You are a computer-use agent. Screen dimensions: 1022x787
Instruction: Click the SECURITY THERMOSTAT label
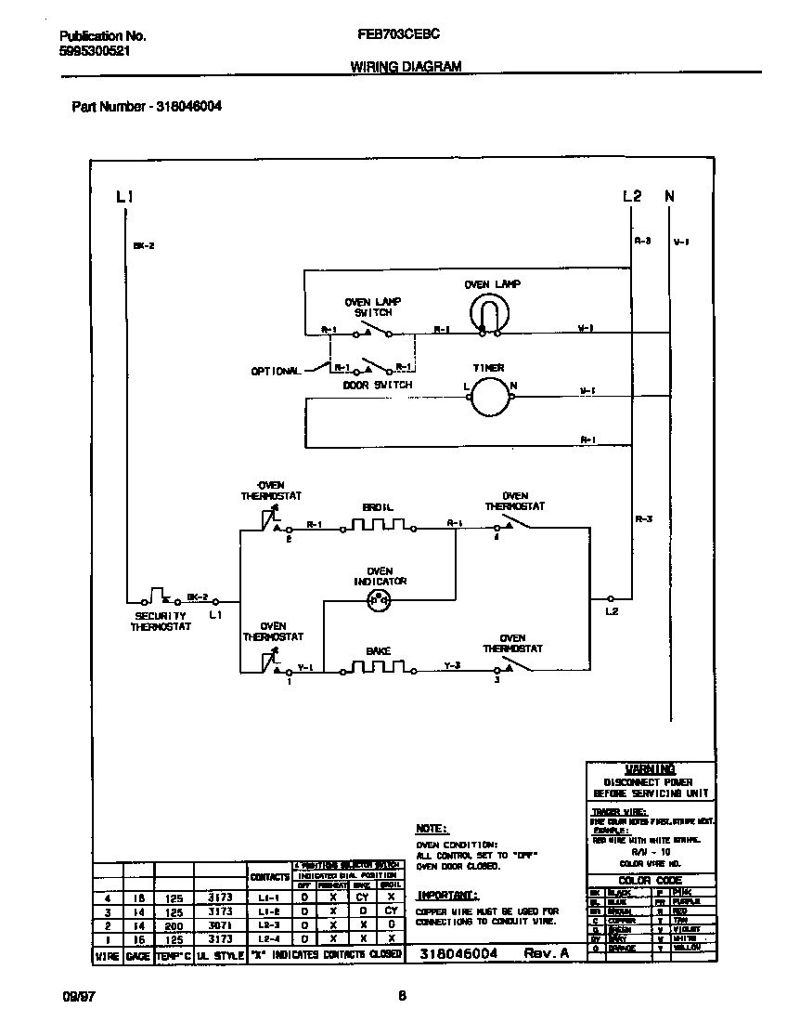click(161, 621)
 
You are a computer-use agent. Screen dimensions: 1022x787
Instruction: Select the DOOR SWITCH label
click(377, 385)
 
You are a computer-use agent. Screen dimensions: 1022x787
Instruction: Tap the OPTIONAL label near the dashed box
click(276, 371)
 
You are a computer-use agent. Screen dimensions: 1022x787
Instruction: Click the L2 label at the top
click(631, 196)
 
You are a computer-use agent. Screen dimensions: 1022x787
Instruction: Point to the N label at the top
click(669, 196)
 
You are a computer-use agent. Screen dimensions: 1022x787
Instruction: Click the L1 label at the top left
click(124, 196)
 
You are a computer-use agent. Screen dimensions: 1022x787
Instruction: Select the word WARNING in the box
click(650, 769)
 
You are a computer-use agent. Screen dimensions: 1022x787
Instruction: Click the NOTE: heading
click(432, 827)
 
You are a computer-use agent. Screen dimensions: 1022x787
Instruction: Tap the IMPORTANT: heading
click(447, 895)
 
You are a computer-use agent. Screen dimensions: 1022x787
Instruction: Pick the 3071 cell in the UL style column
click(220, 925)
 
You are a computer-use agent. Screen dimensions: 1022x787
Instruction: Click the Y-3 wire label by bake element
click(452, 666)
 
